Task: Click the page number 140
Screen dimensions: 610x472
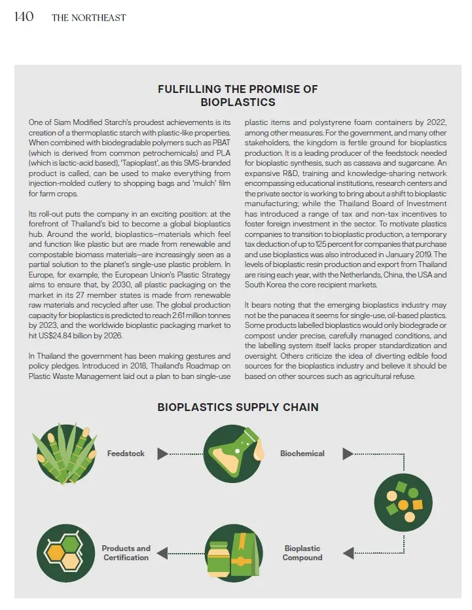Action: tap(24, 16)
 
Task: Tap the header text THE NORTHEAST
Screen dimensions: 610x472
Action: tap(88, 18)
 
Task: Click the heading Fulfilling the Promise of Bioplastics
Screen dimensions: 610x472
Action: tap(238, 96)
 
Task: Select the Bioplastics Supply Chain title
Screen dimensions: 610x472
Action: tap(238, 407)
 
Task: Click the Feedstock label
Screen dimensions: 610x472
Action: tap(126, 454)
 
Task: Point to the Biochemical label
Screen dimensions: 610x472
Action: tap(302, 454)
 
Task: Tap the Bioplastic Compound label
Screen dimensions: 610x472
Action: tap(302, 553)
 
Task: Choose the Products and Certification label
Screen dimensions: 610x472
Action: tap(126, 553)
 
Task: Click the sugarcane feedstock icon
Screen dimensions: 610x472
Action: tap(65, 454)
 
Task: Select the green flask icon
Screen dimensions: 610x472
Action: tap(234, 453)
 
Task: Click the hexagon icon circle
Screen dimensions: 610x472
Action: tap(65, 553)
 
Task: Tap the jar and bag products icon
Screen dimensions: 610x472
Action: tap(234, 553)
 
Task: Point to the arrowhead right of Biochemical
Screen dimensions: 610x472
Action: tap(348, 454)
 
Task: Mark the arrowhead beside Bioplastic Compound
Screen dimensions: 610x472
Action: tap(348, 553)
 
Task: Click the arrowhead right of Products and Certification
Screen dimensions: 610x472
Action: tap(162, 553)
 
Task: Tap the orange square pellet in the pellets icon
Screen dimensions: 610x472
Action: tap(417, 505)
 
